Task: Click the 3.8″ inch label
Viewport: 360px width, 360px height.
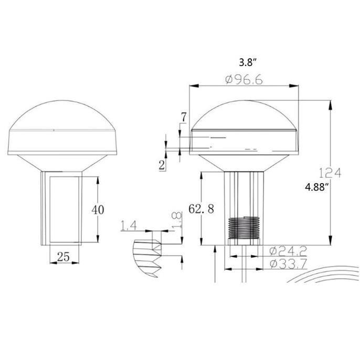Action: [x=247, y=62]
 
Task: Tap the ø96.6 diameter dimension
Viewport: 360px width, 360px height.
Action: [x=243, y=80]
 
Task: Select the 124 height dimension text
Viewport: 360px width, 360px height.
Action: [x=330, y=173]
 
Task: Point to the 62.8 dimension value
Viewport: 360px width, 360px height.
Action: [x=201, y=209]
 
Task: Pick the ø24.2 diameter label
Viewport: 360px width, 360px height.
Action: [x=288, y=251]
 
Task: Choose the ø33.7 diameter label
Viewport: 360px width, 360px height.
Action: [x=288, y=264]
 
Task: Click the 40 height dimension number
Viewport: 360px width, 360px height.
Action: [x=98, y=209]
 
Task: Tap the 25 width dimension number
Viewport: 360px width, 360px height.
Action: [x=63, y=257]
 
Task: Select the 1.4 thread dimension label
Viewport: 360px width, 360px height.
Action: [x=129, y=225]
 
